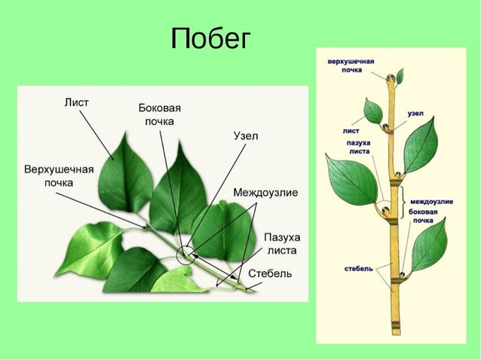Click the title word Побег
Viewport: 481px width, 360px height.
coord(209,38)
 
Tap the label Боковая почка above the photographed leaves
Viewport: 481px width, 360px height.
coord(159,114)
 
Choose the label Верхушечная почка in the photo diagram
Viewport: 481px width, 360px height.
coord(59,175)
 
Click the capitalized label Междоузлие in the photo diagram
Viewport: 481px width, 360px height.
coord(265,193)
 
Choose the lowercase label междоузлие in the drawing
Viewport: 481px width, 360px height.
coord(430,202)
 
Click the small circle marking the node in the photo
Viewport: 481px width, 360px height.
coord(185,255)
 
